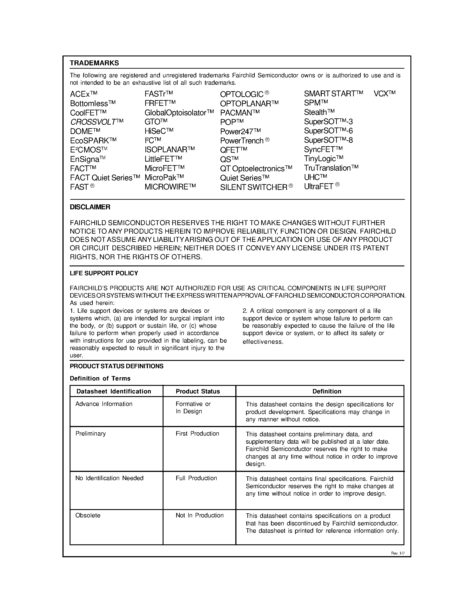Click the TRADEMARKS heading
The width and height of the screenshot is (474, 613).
[94, 63]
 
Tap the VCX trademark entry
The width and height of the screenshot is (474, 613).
[384, 93]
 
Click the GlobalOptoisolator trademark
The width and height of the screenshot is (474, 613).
[179, 113]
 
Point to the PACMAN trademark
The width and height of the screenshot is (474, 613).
[240, 113]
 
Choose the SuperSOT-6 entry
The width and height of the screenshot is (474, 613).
[328, 131]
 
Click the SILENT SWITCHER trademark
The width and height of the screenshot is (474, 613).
[256, 187]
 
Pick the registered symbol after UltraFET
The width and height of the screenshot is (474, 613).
[337, 185]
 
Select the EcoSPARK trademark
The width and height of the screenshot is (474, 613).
[93, 140]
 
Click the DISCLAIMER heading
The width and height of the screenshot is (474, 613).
[90, 207]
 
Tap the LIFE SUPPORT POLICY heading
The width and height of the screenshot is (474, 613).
[104, 273]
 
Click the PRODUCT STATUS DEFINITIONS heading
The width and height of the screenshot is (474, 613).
[116, 366]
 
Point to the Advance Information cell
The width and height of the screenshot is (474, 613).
[104, 404]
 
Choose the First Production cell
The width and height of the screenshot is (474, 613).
[197, 434]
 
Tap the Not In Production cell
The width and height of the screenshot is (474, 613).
[199, 516]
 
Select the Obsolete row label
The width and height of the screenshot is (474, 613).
[88, 516]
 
